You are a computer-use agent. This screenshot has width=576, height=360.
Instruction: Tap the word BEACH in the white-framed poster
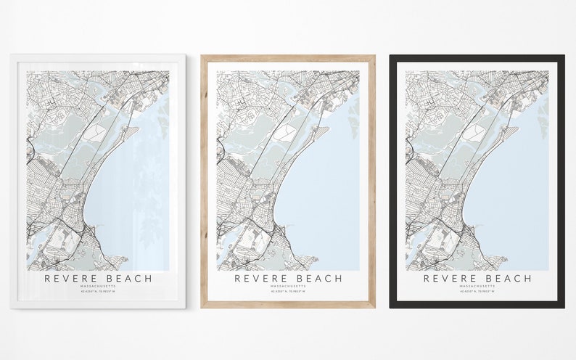[129, 278]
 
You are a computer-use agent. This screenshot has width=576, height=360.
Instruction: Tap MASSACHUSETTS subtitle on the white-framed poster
[99, 286]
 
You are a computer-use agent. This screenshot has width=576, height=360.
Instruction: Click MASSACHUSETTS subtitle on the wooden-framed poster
[288, 286]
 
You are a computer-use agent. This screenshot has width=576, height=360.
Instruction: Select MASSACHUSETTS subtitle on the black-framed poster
[477, 286]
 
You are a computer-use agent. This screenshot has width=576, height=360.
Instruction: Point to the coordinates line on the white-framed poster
[99, 292]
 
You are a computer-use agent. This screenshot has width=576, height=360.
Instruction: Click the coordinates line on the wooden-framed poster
[288, 292]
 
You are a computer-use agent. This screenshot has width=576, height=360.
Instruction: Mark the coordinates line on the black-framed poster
[477, 292]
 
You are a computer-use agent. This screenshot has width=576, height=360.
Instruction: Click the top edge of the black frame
[477, 58]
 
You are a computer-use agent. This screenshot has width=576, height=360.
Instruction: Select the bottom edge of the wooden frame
[288, 304]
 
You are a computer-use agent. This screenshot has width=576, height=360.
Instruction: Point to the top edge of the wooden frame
[288, 58]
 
